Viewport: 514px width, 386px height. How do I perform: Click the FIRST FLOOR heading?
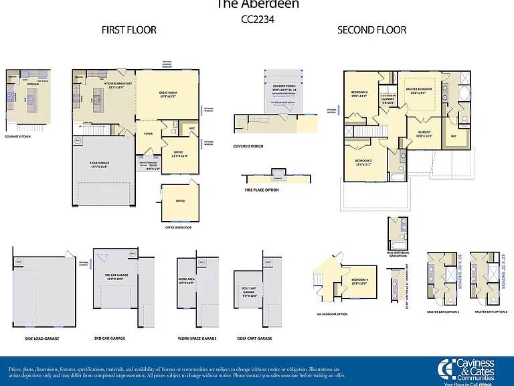pos(128,30)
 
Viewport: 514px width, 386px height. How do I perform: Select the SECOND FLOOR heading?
pos(371,30)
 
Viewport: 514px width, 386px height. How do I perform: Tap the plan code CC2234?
pos(257,19)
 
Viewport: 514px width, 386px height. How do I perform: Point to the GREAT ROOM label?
pos(167,94)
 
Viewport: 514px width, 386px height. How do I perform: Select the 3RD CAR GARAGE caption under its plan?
pos(110,338)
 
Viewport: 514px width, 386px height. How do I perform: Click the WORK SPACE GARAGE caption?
pos(197,338)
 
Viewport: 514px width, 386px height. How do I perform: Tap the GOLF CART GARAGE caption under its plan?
pos(254,338)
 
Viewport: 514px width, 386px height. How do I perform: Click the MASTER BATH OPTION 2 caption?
pos(491,312)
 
